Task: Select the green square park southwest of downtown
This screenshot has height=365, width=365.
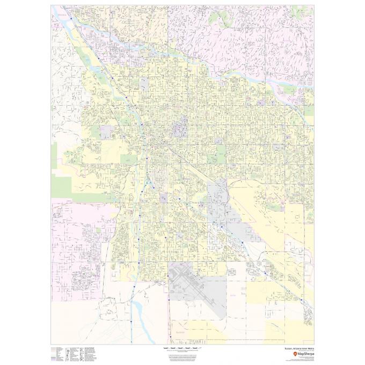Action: (x=129, y=159)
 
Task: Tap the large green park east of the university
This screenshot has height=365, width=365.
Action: (x=218, y=155)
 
